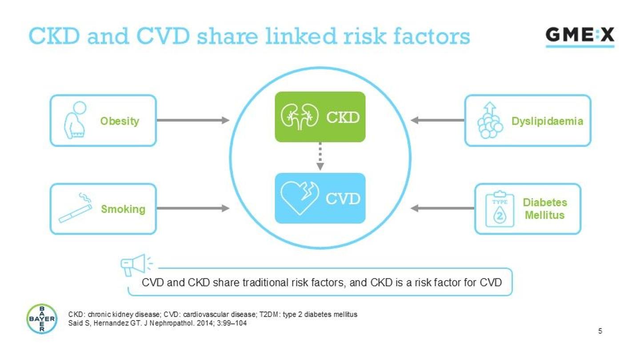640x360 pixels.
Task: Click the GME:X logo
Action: click(580, 36)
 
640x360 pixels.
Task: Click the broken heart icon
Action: click(300, 198)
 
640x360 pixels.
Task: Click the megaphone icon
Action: click(135, 264)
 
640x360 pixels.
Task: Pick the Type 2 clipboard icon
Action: click(499, 209)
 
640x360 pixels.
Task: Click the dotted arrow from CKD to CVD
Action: click(320, 157)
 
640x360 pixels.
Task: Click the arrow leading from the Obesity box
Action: click(193, 120)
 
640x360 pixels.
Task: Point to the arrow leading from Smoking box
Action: click(193, 208)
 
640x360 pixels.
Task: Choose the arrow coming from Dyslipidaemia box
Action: click(437, 120)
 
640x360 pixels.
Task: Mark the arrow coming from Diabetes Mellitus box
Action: click(443, 208)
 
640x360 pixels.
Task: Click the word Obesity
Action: click(120, 121)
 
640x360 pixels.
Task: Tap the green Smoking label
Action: click(123, 209)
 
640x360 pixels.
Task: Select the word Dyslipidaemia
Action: click(547, 121)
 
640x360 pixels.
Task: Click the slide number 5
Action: click(600, 331)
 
